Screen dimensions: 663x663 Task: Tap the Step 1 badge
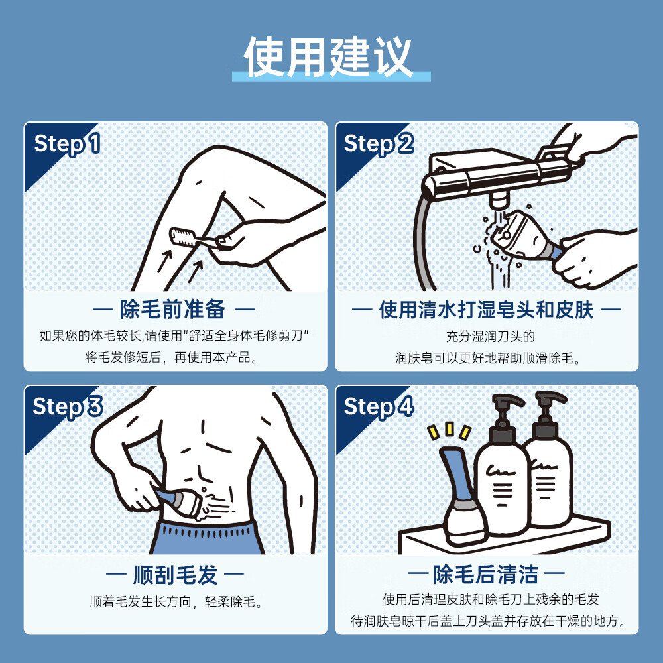pos(67,144)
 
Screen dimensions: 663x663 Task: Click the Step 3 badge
pos(67,406)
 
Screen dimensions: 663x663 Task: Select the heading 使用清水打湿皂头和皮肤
pos(486,309)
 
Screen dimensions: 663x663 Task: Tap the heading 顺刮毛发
pos(175,574)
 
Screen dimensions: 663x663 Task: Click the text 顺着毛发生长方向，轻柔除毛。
pos(175,602)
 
